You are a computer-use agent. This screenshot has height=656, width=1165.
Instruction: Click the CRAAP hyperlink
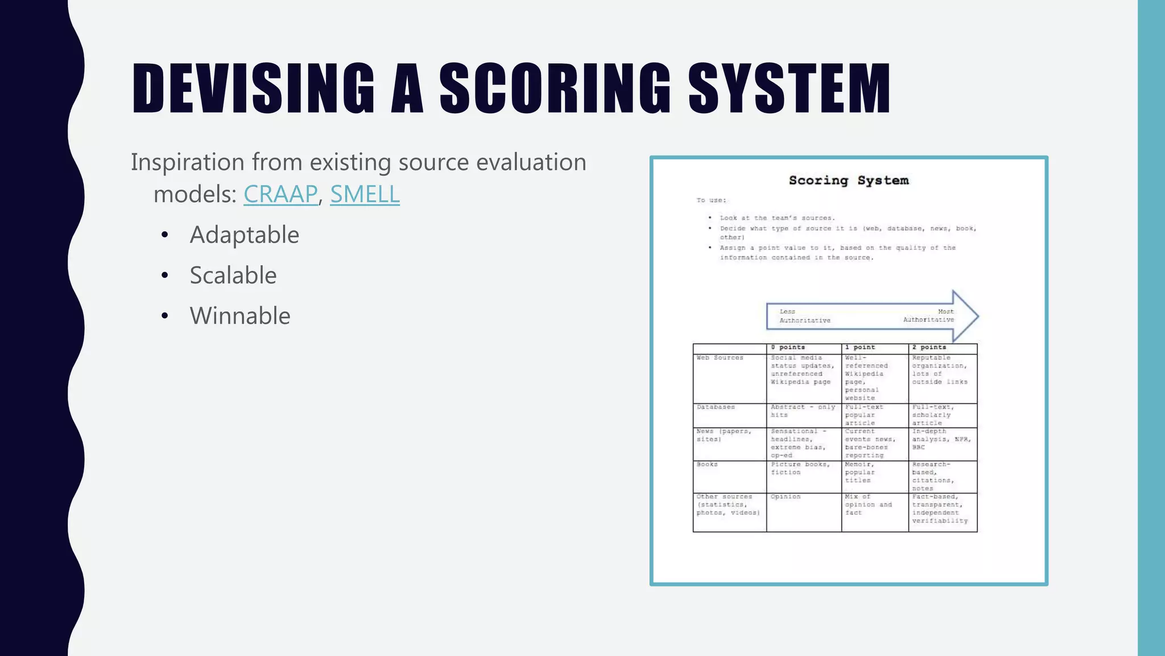coord(280,194)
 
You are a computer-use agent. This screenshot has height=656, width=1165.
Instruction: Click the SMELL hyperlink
coord(365,194)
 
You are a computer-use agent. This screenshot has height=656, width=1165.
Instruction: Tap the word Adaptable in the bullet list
coord(244,235)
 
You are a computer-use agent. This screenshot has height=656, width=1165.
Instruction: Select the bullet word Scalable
coord(233,275)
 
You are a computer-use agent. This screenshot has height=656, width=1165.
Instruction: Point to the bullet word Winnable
coord(240,315)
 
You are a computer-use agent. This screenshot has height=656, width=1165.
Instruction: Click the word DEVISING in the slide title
coord(253,89)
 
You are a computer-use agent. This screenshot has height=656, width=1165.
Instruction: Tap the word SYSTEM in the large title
coord(789,89)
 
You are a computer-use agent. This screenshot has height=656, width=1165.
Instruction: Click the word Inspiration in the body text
coord(188,162)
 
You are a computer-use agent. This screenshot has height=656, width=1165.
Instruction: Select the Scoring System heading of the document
coord(849,181)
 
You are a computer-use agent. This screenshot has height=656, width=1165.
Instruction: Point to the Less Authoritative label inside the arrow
coord(804,316)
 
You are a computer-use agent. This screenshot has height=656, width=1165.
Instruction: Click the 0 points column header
coord(788,347)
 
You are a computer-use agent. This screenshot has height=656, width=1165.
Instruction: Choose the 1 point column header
coord(860,347)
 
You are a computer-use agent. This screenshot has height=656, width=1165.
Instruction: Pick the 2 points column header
coord(929,347)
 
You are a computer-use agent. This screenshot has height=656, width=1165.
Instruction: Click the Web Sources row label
coord(720,358)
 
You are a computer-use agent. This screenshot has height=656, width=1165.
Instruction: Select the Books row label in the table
coord(707,465)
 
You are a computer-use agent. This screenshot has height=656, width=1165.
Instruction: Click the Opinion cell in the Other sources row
coord(786,497)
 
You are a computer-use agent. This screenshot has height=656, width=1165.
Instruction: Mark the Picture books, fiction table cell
coord(800,468)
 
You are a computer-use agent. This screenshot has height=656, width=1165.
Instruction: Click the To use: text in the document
coord(711,200)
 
